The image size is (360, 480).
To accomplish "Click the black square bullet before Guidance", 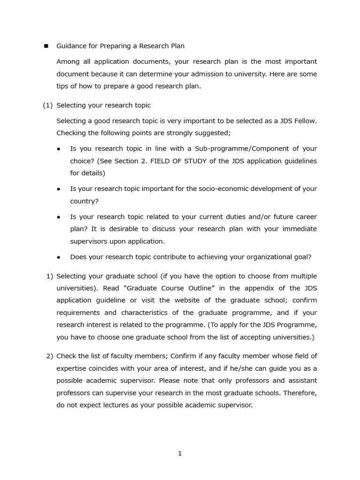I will (x=46, y=46).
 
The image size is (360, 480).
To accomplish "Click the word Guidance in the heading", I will (x=72, y=46).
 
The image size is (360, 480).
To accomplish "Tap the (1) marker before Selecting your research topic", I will (x=48, y=105).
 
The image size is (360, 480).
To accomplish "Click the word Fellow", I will (x=305, y=121).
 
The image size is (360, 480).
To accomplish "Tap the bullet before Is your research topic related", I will (x=59, y=217).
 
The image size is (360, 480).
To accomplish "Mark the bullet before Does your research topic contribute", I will (x=59, y=257).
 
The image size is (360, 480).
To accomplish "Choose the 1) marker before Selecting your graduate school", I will (x=50, y=276).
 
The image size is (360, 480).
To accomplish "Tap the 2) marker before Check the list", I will (x=50, y=356).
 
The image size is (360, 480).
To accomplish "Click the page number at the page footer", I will (x=180, y=453).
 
